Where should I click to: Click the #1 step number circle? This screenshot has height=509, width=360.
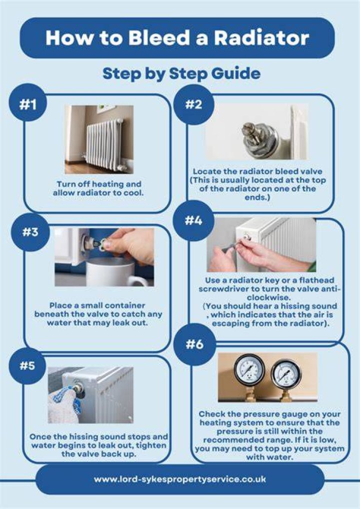tap(28, 104)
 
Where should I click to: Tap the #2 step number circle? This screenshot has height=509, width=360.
tap(193, 104)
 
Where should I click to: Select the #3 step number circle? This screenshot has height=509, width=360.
tap(30, 232)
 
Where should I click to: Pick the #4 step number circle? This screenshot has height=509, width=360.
tap(193, 220)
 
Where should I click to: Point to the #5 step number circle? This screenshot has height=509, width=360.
tap(27, 365)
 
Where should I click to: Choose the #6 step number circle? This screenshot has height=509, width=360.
tap(194, 344)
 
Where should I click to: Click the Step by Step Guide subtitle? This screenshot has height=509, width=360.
tap(181, 74)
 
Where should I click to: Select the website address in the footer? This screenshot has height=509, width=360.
tap(180, 479)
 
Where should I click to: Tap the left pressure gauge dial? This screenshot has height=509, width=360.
tap(249, 369)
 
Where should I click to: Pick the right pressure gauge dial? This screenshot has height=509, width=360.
tap(285, 374)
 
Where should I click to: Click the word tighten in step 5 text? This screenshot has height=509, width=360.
tap(151, 445)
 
